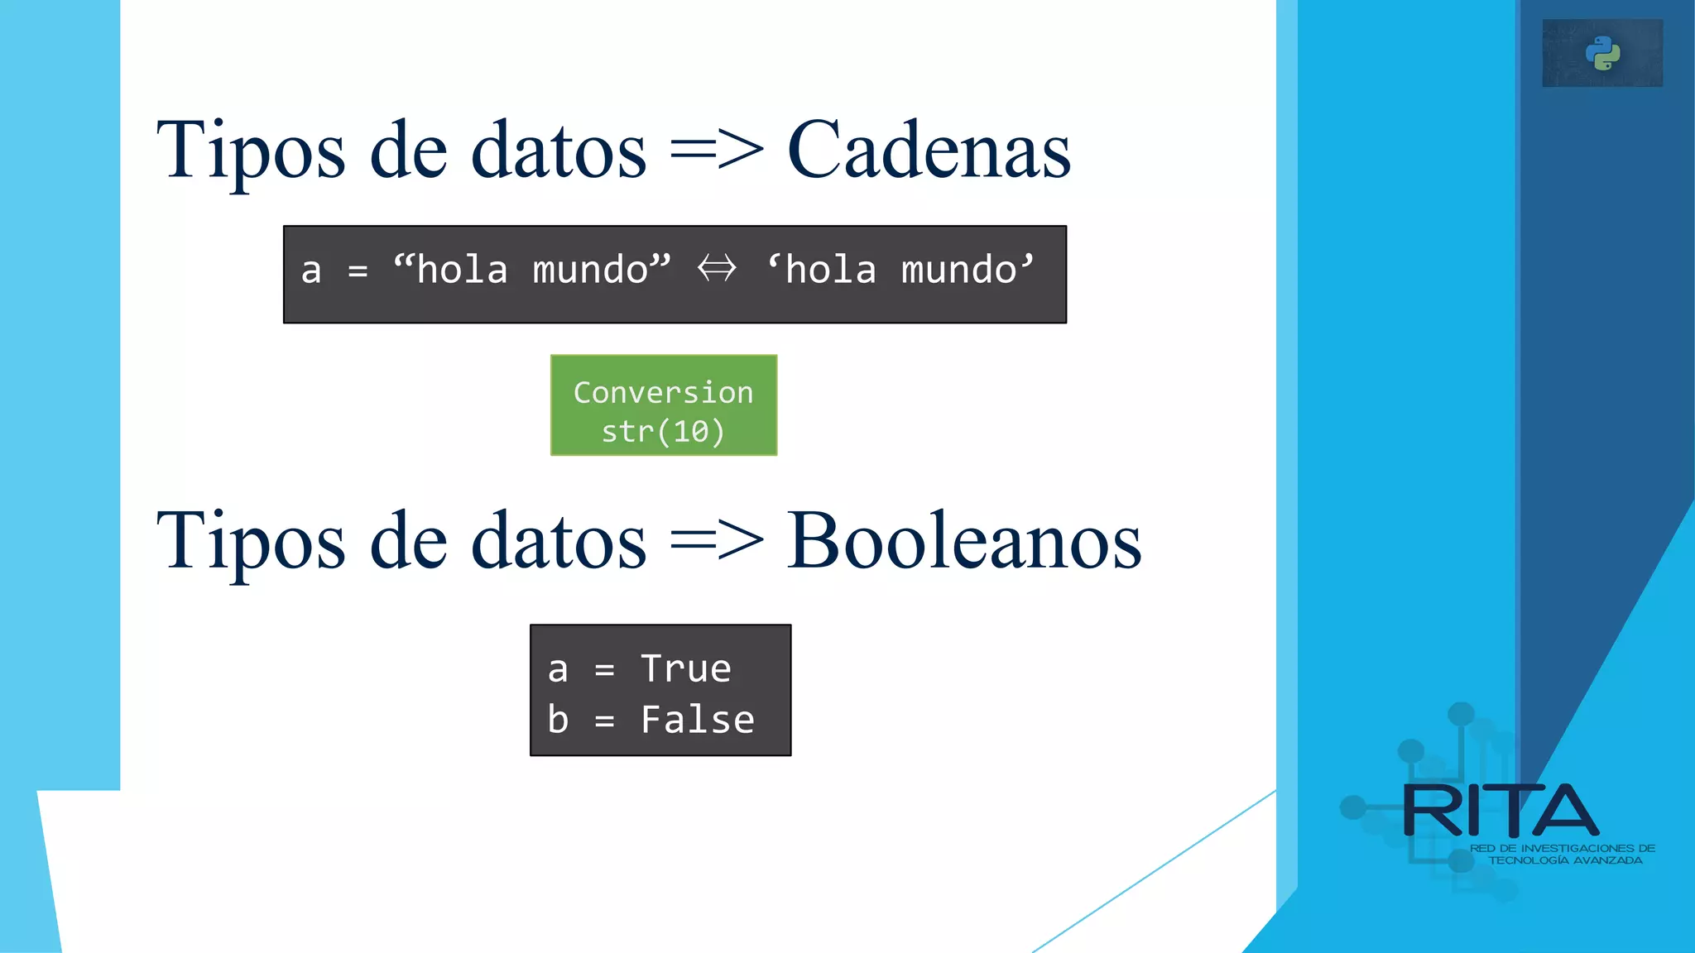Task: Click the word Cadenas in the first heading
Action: coord(929,151)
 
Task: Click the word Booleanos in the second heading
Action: coord(964,541)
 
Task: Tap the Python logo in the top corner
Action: coord(1602,54)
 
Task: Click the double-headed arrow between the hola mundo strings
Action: coord(717,269)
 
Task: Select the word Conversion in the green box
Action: coord(663,392)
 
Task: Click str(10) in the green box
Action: coord(663,431)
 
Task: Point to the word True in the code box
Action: coord(686,668)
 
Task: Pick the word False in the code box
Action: coord(698,720)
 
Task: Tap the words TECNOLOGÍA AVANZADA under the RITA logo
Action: coord(1565,860)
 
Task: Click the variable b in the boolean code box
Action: coord(558,720)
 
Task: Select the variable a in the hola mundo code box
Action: coord(311,271)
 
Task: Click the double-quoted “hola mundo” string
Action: coord(532,269)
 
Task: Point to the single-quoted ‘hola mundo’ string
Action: coord(900,269)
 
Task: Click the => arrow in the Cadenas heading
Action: coord(717,151)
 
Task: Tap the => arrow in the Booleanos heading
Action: coord(717,541)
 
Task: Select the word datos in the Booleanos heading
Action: coord(559,541)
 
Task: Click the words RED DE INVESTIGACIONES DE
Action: coord(1563,848)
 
